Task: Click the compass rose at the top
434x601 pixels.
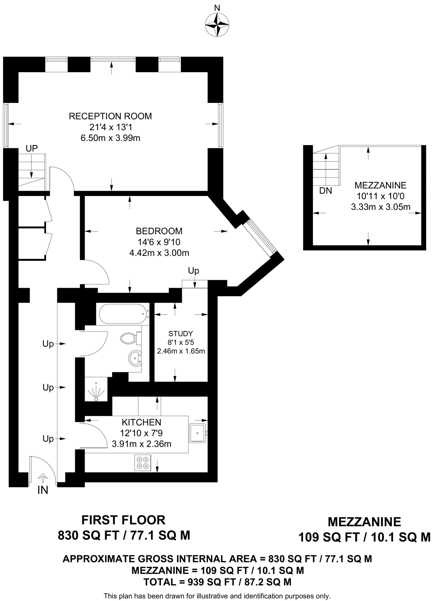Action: [217, 25]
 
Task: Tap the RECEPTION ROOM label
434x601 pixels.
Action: [110, 116]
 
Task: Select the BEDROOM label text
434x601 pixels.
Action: [159, 231]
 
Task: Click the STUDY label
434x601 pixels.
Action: [181, 333]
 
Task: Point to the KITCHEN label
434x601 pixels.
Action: [141, 422]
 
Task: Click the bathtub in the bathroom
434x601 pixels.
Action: [123, 314]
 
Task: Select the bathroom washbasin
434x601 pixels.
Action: [135, 358]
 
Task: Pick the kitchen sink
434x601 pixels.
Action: [198, 433]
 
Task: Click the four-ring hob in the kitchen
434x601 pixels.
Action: [143, 463]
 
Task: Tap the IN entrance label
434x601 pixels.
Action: [43, 490]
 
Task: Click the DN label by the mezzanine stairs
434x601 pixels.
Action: [325, 191]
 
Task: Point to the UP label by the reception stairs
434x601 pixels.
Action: [32, 148]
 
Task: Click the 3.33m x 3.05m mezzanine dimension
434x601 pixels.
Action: [381, 207]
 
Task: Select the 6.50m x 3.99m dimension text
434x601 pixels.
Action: [110, 138]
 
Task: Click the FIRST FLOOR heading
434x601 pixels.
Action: [123, 520]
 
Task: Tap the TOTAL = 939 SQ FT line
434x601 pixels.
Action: [217, 582]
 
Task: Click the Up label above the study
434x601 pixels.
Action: [193, 271]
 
